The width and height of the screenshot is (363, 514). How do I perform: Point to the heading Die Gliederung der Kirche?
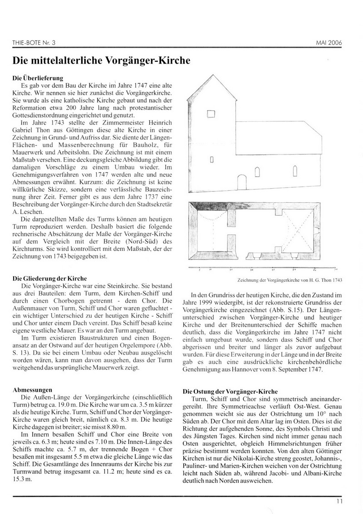(x=49, y=278)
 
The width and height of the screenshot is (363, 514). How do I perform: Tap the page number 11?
(x=339, y=501)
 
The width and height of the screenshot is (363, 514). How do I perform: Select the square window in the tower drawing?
(x=211, y=115)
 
